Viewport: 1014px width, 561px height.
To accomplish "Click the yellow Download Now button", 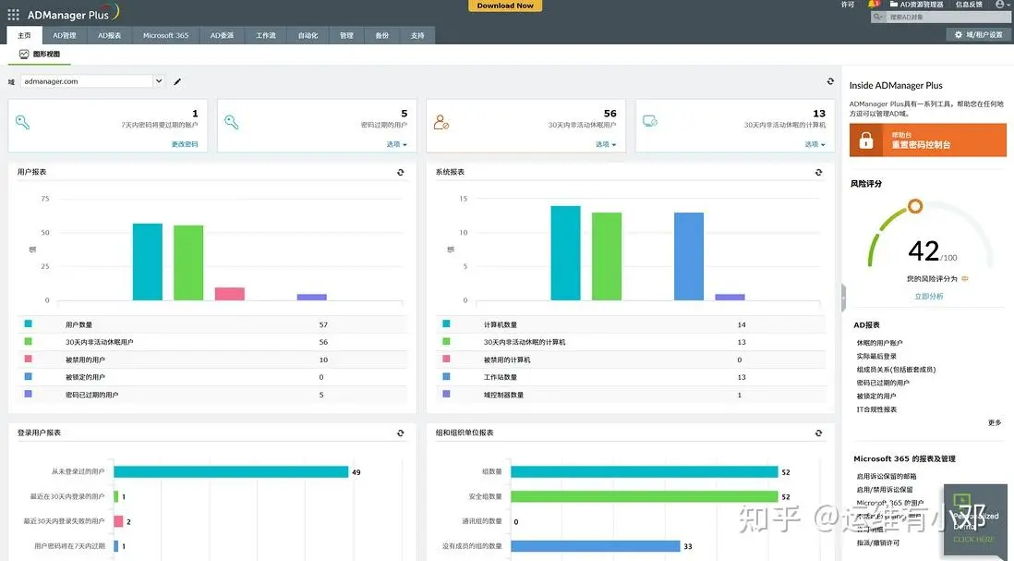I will coord(505,6).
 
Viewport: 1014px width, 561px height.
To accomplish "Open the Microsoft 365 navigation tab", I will coord(165,35).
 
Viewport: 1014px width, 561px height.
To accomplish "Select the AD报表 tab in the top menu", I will coord(110,35).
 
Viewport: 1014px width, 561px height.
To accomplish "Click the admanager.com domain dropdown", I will coord(92,81).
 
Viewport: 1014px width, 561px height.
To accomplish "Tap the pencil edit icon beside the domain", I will coord(177,81).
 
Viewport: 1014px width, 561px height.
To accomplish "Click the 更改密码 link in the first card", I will coord(185,144).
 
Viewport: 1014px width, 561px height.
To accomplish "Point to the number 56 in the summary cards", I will coord(610,114).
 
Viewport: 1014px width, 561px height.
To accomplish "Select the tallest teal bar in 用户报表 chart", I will coord(148,262).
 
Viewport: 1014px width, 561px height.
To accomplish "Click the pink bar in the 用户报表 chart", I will coord(230,294).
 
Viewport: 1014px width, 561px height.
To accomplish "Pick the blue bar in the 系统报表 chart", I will coord(689,256).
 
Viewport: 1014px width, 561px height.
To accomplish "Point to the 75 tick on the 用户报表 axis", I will coord(44,199).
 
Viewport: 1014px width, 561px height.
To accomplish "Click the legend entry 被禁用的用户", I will coord(85,360).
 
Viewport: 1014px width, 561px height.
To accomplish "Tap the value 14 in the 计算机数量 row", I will coord(741,324).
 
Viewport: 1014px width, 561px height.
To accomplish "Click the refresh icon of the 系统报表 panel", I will coord(818,172).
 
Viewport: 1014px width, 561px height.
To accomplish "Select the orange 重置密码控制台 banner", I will coord(928,140).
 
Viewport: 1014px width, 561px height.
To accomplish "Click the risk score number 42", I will coord(923,250).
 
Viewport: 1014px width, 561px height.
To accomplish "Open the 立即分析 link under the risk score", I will coord(928,297).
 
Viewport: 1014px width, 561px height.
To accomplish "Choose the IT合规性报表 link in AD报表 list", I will coord(876,409).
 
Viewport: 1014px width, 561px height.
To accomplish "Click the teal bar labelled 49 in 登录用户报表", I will coord(231,472).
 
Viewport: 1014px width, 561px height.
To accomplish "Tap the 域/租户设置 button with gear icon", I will coord(979,35).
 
